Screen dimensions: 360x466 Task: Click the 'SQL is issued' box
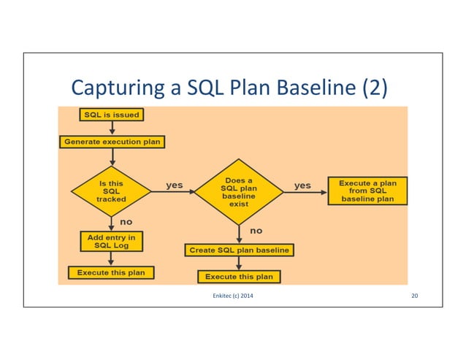(111, 115)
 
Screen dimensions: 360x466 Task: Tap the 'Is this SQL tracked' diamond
(111, 192)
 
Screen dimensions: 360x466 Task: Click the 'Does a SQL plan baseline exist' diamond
(239, 192)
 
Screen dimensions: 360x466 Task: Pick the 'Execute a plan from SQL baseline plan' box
(367, 191)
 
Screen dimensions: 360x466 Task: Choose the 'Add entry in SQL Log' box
(111, 242)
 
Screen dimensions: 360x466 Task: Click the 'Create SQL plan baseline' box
(239, 250)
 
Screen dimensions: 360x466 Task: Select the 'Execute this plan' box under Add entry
(111, 272)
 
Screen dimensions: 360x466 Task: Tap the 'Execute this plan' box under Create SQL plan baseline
(239, 277)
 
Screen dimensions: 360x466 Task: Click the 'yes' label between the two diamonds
(175, 185)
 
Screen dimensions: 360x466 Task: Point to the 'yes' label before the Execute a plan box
(302, 185)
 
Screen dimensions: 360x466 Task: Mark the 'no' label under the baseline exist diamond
(256, 231)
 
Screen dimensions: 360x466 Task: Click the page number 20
(414, 295)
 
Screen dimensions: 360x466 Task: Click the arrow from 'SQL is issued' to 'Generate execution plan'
(111, 128)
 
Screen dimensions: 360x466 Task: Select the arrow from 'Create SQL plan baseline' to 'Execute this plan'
(239, 263)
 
